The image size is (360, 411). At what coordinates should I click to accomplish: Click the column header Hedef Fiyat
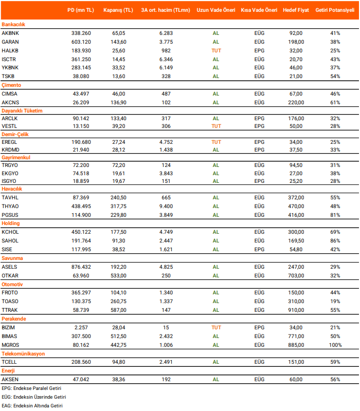(296, 10)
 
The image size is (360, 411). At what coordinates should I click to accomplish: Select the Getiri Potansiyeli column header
(335, 10)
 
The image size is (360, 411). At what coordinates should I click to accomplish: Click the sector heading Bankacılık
(13, 24)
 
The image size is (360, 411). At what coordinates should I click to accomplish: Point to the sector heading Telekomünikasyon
(23, 353)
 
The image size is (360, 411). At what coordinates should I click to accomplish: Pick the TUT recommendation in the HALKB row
(216, 50)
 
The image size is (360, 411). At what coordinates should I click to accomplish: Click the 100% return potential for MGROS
(335, 345)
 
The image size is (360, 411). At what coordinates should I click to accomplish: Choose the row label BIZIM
(9, 327)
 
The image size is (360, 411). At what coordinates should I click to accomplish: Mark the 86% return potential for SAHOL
(335, 240)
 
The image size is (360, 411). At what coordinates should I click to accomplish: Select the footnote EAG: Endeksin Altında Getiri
(32, 406)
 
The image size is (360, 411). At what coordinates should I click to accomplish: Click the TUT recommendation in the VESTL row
(216, 126)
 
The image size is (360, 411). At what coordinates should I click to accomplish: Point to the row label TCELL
(9, 362)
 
